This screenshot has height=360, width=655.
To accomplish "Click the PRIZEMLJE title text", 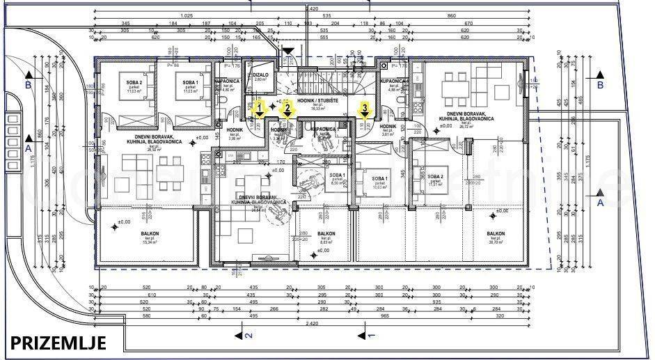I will pos(58,343).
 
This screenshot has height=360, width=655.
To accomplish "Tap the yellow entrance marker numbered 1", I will pos(259,109).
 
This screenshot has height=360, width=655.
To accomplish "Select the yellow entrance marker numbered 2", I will pos(287,109).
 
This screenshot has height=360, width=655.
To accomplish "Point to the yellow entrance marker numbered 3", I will pos(363,109).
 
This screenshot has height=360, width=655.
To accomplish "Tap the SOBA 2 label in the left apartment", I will pos(134,83).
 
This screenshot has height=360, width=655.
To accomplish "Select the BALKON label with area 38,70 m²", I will pos(496,235).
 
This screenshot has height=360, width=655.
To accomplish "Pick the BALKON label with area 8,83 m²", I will pos(326,235).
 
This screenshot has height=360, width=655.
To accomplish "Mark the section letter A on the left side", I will pos(28,148).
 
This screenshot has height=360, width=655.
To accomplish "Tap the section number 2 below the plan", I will pos(248,336).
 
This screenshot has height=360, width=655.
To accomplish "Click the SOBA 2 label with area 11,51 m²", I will pos(436,178).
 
